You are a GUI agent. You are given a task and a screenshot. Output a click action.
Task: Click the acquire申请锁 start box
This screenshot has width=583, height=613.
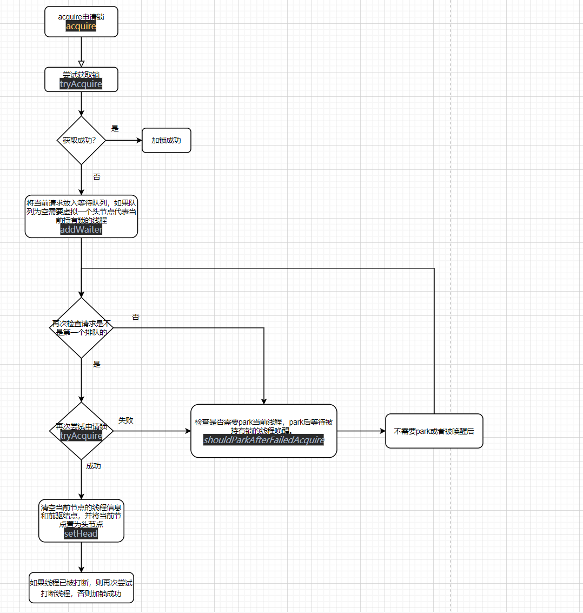81,22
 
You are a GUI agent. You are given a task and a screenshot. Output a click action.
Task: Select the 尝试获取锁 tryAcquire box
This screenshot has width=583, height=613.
81,80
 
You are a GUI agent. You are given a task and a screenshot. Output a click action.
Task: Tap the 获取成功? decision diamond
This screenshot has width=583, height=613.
81,140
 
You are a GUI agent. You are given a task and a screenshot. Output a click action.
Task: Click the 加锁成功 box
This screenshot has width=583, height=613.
166,140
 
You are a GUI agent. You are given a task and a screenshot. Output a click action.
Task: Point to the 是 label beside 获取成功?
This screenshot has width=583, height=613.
115,128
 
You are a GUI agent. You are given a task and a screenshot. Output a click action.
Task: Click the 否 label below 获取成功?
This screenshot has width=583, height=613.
96,177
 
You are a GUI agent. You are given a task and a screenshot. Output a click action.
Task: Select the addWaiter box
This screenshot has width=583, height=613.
81,216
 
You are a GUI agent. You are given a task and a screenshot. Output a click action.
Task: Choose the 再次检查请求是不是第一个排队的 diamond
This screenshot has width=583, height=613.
81,328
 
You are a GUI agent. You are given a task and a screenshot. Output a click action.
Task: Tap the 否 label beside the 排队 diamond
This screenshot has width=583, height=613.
135,317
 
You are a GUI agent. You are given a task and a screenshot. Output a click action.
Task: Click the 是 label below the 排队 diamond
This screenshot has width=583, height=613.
96,364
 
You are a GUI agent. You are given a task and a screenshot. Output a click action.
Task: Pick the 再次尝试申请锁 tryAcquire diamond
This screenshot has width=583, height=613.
81,431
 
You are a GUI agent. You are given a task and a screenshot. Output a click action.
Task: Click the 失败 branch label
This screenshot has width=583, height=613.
126,420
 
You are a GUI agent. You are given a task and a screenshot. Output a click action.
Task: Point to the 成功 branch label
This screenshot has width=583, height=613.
94,466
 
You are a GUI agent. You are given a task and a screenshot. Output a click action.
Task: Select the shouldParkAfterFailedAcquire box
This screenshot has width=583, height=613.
263,431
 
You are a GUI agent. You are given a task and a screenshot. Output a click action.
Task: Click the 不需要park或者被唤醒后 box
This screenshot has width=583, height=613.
434,431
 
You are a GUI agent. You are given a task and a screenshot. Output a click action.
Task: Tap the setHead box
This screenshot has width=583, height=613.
81,520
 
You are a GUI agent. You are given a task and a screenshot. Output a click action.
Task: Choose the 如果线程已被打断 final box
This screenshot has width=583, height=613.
81,588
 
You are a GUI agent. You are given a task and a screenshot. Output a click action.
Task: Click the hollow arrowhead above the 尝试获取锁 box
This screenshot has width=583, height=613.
81,63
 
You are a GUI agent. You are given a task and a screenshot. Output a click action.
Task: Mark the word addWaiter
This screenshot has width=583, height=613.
81,229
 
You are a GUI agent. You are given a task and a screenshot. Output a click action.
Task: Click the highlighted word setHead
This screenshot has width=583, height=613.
81,533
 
